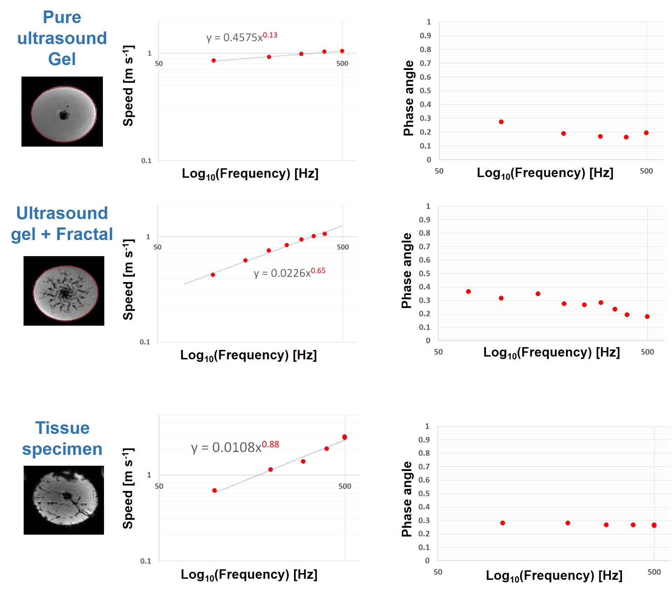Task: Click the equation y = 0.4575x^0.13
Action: (241, 37)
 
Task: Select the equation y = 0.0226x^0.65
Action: (289, 273)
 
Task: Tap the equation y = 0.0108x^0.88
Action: (235, 447)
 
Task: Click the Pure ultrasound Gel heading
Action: (62, 38)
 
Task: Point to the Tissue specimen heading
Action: (62, 438)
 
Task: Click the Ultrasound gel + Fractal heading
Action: (62, 224)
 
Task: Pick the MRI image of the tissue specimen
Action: (64, 500)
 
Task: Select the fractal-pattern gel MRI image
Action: (64, 291)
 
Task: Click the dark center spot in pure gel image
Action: (63, 115)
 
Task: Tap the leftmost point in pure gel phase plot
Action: (501, 122)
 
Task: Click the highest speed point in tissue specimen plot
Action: (345, 437)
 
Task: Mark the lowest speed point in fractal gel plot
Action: (213, 275)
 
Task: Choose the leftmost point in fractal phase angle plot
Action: (468, 291)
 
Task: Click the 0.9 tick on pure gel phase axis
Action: (425, 36)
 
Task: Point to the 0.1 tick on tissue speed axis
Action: (146, 561)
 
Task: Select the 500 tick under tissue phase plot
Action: (654, 572)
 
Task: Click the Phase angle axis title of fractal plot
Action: (406, 270)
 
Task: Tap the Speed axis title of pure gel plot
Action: (128, 86)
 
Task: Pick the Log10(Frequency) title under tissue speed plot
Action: (249, 575)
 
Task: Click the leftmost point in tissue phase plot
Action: (503, 523)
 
